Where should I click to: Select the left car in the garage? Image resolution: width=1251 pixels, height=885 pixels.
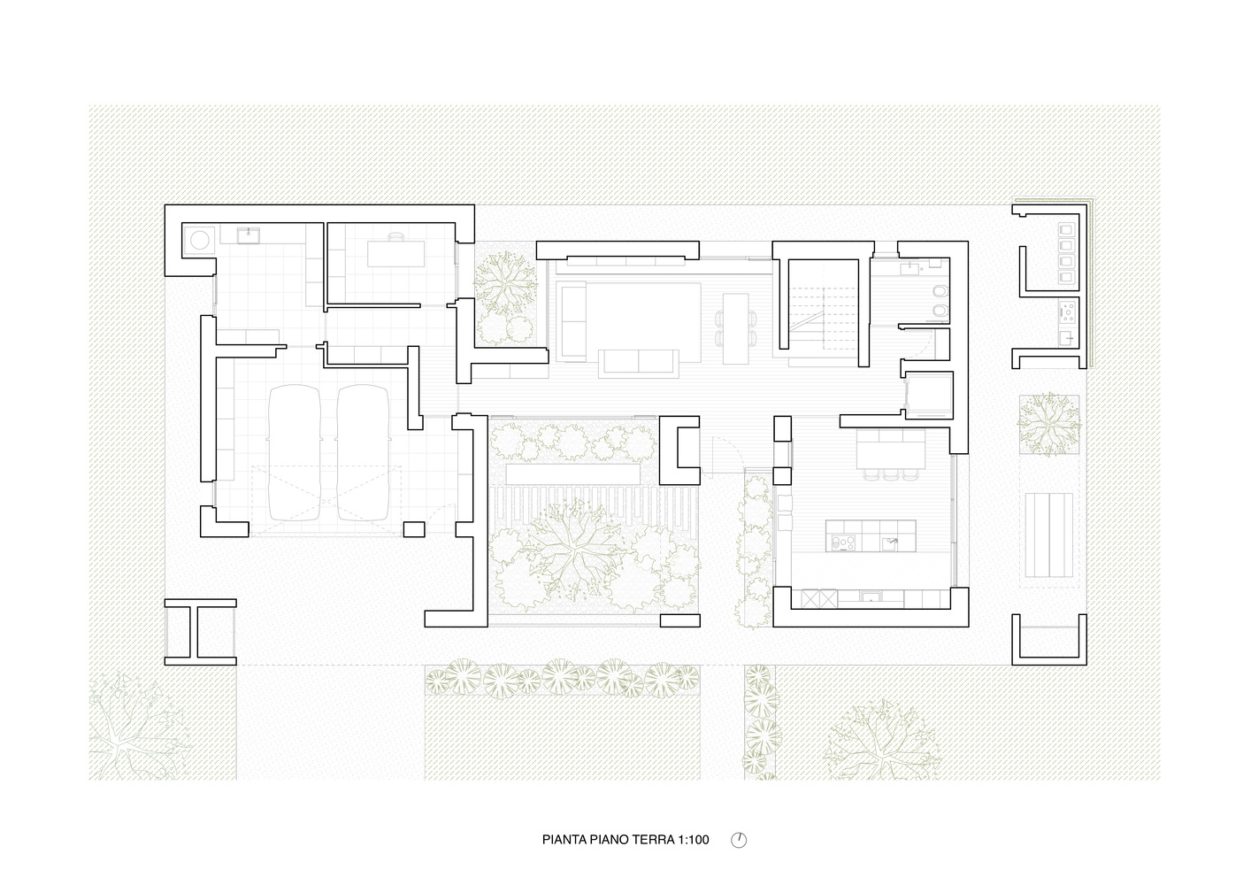(295, 452)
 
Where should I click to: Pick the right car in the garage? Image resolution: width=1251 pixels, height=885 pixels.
(363, 452)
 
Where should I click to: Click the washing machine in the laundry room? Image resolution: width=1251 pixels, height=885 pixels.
(199, 240)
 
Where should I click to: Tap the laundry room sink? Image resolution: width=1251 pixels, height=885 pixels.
(248, 235)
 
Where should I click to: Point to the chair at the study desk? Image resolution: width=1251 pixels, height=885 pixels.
(395, 236)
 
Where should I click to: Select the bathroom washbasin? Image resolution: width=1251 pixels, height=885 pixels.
(910, 269)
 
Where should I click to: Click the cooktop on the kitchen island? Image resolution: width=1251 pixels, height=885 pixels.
(843, 542)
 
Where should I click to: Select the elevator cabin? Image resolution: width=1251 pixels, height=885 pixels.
(929, 395)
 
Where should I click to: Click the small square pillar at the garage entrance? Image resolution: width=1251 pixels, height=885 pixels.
(414, 529)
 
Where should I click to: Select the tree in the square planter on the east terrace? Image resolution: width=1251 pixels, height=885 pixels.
(1048, 424)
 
